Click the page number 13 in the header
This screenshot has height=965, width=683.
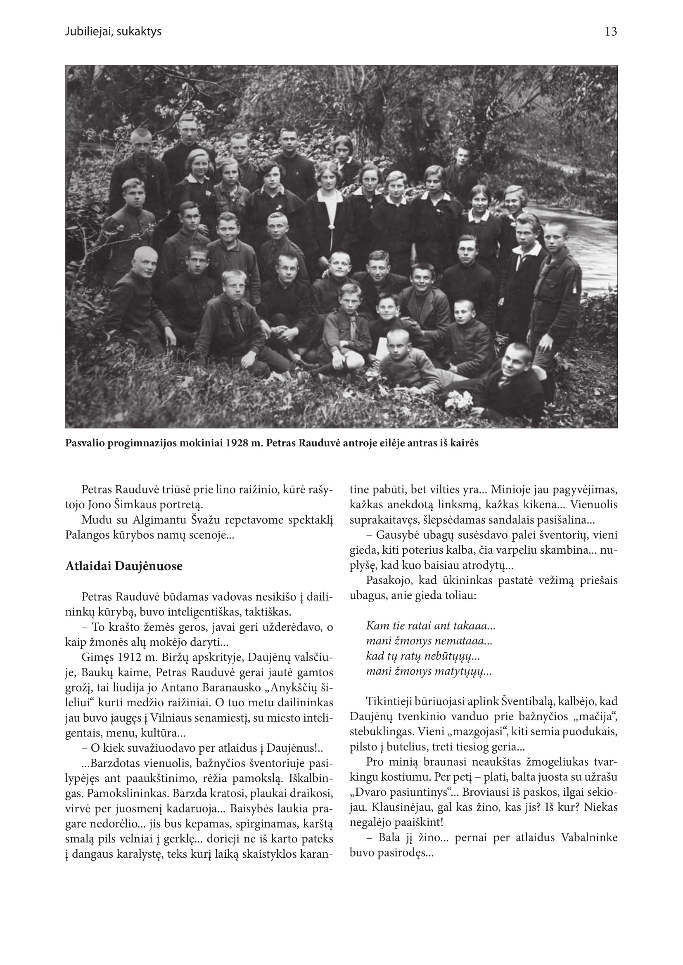click(x=611, y=32)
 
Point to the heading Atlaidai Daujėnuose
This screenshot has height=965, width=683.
click(x=123, y=566)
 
